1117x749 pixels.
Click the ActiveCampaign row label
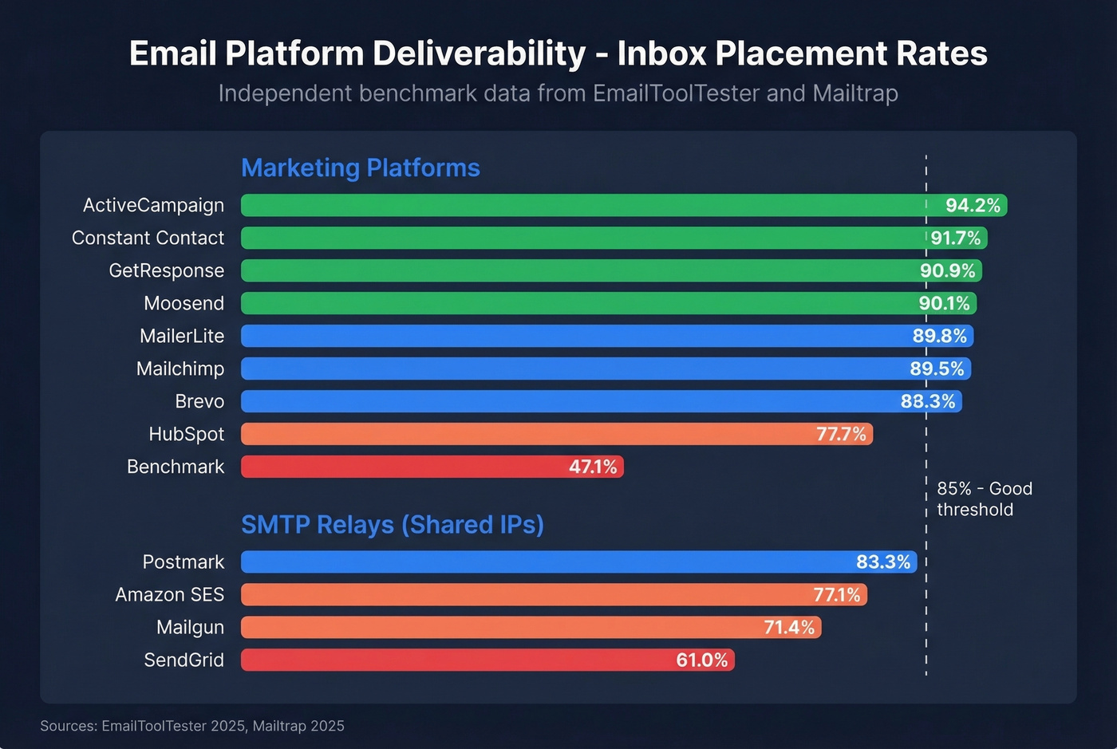point(153,206)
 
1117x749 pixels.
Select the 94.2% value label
point(973,206)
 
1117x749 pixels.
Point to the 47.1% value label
point(592,467)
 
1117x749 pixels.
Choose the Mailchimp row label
point(180,369)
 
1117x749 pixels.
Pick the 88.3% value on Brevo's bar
point(927,401)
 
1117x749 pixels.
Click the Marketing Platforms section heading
point(360,168)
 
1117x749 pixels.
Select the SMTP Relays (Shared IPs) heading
point(392,525)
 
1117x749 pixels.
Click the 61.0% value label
point(701,660)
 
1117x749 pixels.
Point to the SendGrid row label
point(184,660)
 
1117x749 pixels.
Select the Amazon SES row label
point(169,594)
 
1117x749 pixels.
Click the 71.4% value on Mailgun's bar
point(788,627)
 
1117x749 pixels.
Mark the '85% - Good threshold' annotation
point(984,499)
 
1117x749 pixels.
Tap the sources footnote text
point(192,726)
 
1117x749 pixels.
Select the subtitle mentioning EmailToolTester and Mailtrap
point(558,93)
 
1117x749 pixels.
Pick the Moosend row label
point(184,303)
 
